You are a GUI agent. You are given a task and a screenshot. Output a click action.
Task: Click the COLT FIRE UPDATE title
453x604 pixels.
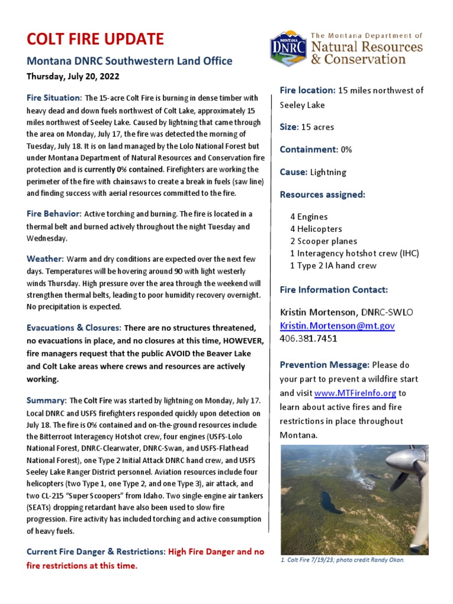tap(95, 40)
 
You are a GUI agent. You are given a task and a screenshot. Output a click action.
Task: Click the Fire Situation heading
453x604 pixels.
tap(54, 97)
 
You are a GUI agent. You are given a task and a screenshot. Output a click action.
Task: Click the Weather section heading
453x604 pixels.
tap(45, 259)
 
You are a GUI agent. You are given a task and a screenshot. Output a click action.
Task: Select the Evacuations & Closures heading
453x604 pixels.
tap(74, 327)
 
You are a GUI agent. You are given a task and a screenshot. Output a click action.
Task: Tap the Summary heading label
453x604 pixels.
tap(47, 401)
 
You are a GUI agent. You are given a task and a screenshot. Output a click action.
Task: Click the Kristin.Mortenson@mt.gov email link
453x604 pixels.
tap(337, 326)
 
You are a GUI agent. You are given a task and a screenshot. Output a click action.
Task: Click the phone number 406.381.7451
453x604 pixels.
tap(308, 339)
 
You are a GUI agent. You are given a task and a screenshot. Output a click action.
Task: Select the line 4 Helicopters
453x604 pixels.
tap(316, 229)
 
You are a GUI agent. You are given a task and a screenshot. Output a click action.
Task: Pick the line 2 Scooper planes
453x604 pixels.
tap(323, 241)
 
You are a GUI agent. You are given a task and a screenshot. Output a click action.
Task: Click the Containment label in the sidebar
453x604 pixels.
tap(307, 150)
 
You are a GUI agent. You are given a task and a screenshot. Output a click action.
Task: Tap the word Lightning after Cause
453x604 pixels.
tap(328, 172)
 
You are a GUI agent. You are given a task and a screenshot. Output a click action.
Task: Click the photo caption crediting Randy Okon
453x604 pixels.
tap(343, 560)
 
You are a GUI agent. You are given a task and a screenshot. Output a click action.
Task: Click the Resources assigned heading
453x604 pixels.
tap(322, 195)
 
